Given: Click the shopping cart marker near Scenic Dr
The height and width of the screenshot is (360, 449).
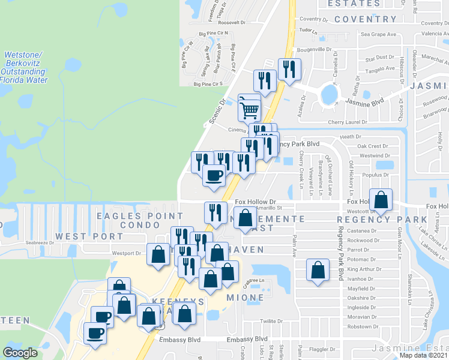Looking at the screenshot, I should pos(249,109).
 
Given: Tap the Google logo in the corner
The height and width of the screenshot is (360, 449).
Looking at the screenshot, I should pos(20,353).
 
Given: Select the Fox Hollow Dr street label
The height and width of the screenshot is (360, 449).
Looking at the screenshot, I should pos(255,202).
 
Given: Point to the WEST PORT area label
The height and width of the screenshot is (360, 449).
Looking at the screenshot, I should pos(80,236).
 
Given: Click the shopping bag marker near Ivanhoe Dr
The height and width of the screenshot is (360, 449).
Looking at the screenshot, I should pos(318,270).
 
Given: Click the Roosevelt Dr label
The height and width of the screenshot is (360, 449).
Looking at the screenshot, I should pos(232,22).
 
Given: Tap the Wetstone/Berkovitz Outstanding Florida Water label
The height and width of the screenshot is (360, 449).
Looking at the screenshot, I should pos(27,67).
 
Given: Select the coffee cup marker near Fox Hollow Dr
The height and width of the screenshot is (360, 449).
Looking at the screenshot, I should pos(214,175).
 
